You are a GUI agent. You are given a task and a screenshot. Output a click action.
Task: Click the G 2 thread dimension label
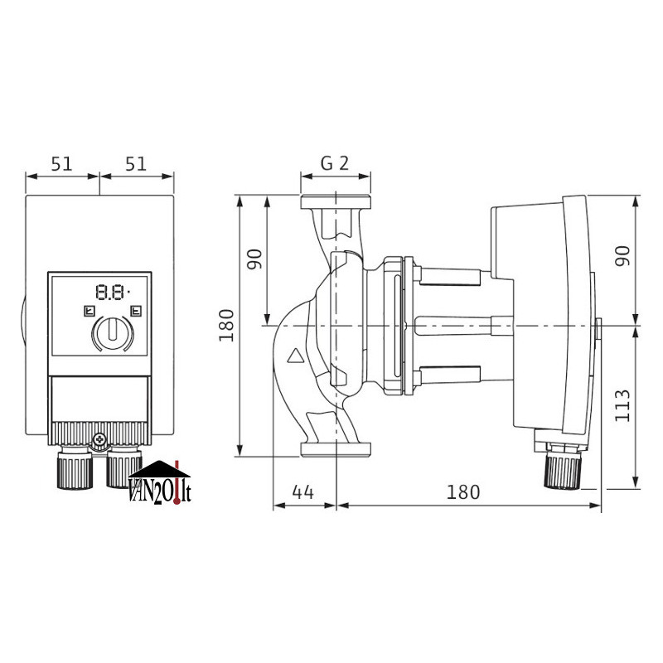coord(335,163)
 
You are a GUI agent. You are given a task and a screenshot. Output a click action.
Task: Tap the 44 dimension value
coord(302,492)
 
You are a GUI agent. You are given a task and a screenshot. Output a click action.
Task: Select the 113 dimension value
coord(622,406)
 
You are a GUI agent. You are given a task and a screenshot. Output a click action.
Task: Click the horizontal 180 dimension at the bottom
coord(463,492)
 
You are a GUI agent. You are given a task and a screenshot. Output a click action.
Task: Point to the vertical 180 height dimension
coord(226,325)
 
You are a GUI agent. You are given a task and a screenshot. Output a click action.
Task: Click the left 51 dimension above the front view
coord(61,163)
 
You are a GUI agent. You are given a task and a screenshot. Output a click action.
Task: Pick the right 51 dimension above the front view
coord(136,163)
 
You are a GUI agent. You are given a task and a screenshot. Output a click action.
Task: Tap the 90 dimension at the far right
coord(622,256)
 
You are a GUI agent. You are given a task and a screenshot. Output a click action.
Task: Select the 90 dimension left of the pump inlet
coord(254,259)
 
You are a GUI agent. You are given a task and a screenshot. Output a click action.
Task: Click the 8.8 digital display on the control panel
coord(112,293)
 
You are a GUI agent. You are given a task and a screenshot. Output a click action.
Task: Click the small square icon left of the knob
coord(90,312)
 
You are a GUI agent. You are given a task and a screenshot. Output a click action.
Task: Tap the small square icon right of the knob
coord(136,312)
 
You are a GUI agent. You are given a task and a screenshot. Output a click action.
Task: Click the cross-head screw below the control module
coord(99,439)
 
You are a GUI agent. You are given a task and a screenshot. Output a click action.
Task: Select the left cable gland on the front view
coord(75,467)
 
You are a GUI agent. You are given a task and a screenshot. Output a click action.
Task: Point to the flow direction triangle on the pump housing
coord(297,356)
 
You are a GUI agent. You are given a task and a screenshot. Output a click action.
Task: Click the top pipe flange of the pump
coord(336,202)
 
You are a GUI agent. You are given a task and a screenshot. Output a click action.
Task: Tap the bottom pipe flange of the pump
coord(336,450)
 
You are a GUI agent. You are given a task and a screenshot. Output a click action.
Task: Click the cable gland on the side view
coord(563,467)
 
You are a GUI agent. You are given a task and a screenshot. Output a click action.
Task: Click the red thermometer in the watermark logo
coord(177,482)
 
